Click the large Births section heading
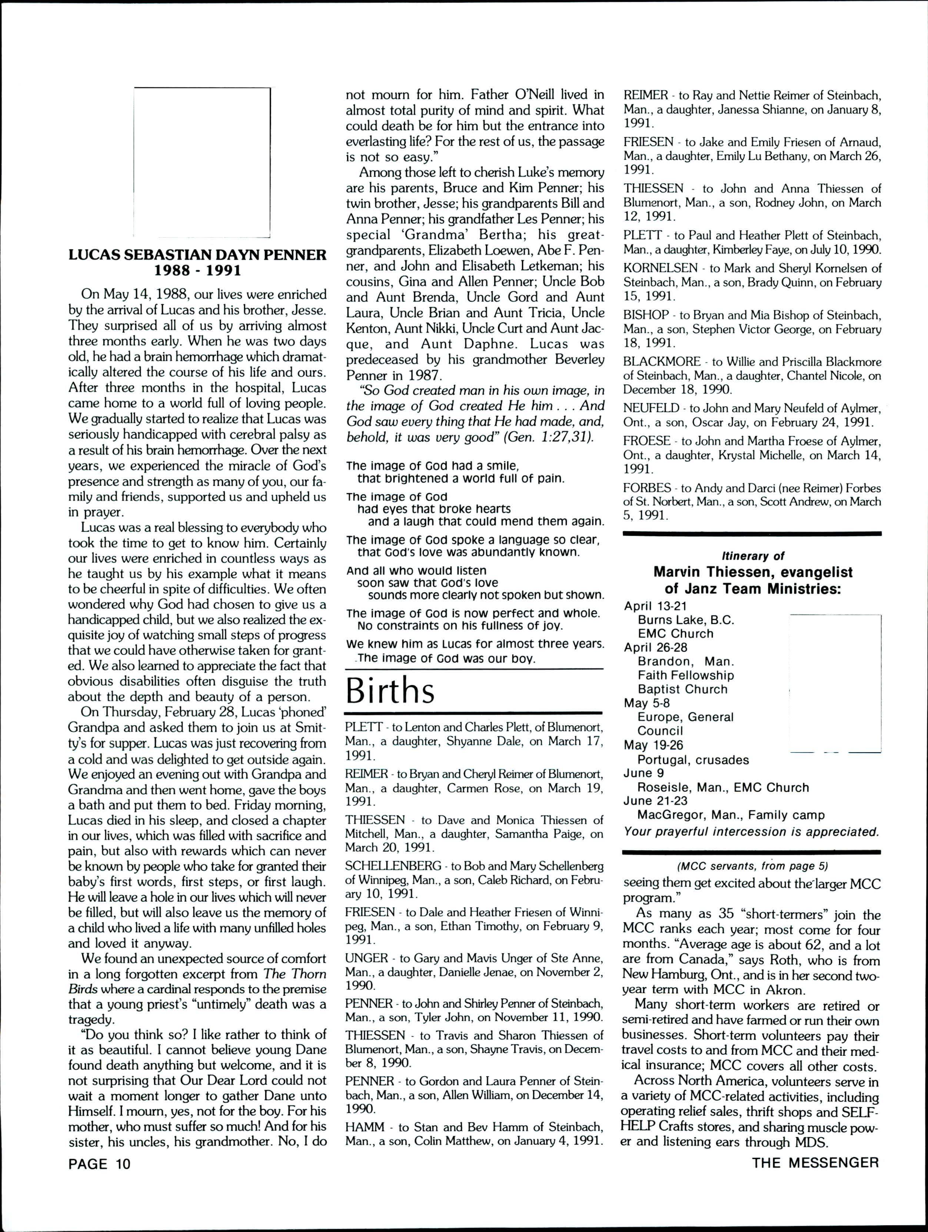click(x=390, y=691)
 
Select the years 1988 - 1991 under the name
click(x=197, y=271)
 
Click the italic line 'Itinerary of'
click(x=752, y=556)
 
